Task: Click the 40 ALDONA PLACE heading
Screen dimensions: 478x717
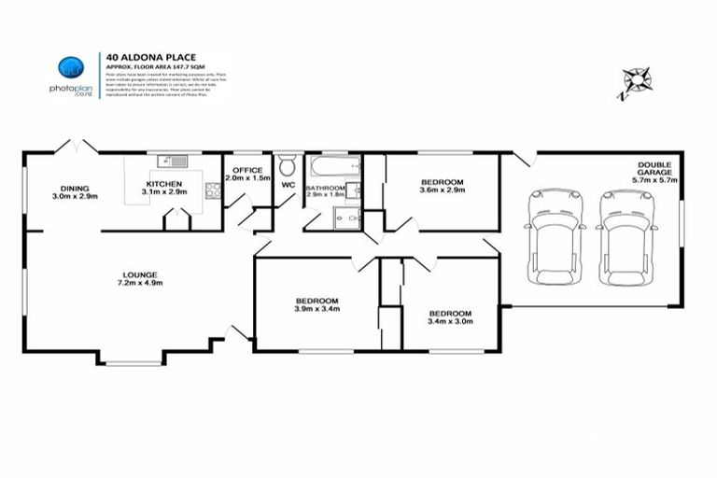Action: coord(150,55)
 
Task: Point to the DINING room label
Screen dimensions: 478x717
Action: coord(76,188)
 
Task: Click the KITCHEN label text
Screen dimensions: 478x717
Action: coord(164,184)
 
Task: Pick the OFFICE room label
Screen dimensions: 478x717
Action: coord(248,170)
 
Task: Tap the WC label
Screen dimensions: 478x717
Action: coord(288,185)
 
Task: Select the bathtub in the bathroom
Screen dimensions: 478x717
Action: coord(333,169)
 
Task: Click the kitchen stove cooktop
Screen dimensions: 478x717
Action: coord(212,191)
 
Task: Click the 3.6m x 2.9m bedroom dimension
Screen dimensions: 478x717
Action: coord(442,190)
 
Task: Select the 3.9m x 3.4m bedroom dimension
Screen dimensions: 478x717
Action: coord(316,308)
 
